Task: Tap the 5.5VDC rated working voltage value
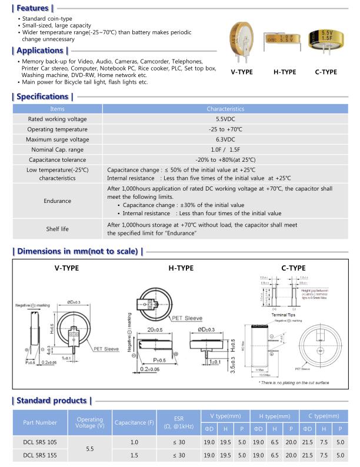[x=225, y=119]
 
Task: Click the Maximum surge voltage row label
[x=58, y=139]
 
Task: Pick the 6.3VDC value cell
[x=225, y=139]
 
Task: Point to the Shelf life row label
[x=58, y=229]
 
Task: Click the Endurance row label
[x=58, y=201]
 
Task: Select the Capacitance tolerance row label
[x=58, y=159]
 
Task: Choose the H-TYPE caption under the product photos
[x=284, y=72]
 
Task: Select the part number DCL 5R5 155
[x=40, y=455]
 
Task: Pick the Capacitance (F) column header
[x=134, y=422]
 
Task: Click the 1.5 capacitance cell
[x=134, y=455]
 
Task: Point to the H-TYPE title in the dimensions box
[x=181, y=268]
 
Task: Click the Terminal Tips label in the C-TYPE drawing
[x=284, y=315]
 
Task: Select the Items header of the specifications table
[x=58, y=109]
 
